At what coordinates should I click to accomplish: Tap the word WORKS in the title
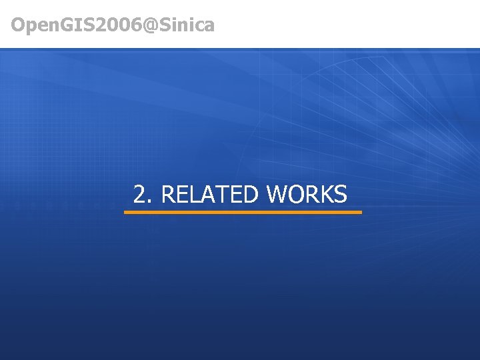(307, 195)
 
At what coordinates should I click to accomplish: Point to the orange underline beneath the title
(243, 212)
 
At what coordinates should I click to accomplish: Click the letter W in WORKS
(278, 195)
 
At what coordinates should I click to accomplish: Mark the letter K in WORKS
(326, 195)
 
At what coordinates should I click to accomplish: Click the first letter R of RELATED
(168, 195)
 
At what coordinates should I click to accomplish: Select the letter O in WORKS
(297, 195)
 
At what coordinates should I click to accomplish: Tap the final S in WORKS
(340, 195)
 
